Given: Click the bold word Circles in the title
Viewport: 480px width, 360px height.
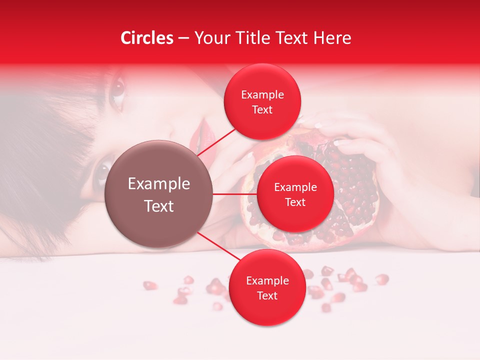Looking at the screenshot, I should click(x=146, y=38).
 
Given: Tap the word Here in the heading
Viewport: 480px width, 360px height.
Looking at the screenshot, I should click(x=332, y=38).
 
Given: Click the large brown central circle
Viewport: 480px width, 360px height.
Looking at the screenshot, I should click(x=158, y=194).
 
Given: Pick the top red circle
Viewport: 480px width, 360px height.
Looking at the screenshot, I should click(x=262, y=102).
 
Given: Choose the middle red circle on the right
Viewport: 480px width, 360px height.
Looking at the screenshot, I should click(x=295, y=194).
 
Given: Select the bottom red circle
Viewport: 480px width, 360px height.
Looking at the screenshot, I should click(x=267, y=288).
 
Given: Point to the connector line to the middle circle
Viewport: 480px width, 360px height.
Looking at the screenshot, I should click(x=235, y=194).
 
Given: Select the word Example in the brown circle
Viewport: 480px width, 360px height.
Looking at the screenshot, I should click(x=158, y=184).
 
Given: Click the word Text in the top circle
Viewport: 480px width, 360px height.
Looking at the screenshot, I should click(x=262, y=110).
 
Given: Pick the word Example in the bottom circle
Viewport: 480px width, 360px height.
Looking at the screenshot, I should click(x=267, y=281).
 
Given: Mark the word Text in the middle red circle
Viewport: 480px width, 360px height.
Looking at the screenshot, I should click(x=295, y=202).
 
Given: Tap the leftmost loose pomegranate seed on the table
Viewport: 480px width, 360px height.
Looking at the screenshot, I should click(x=149, y=285).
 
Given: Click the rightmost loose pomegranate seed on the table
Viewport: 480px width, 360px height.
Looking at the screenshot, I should click(x=382, y=278).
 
